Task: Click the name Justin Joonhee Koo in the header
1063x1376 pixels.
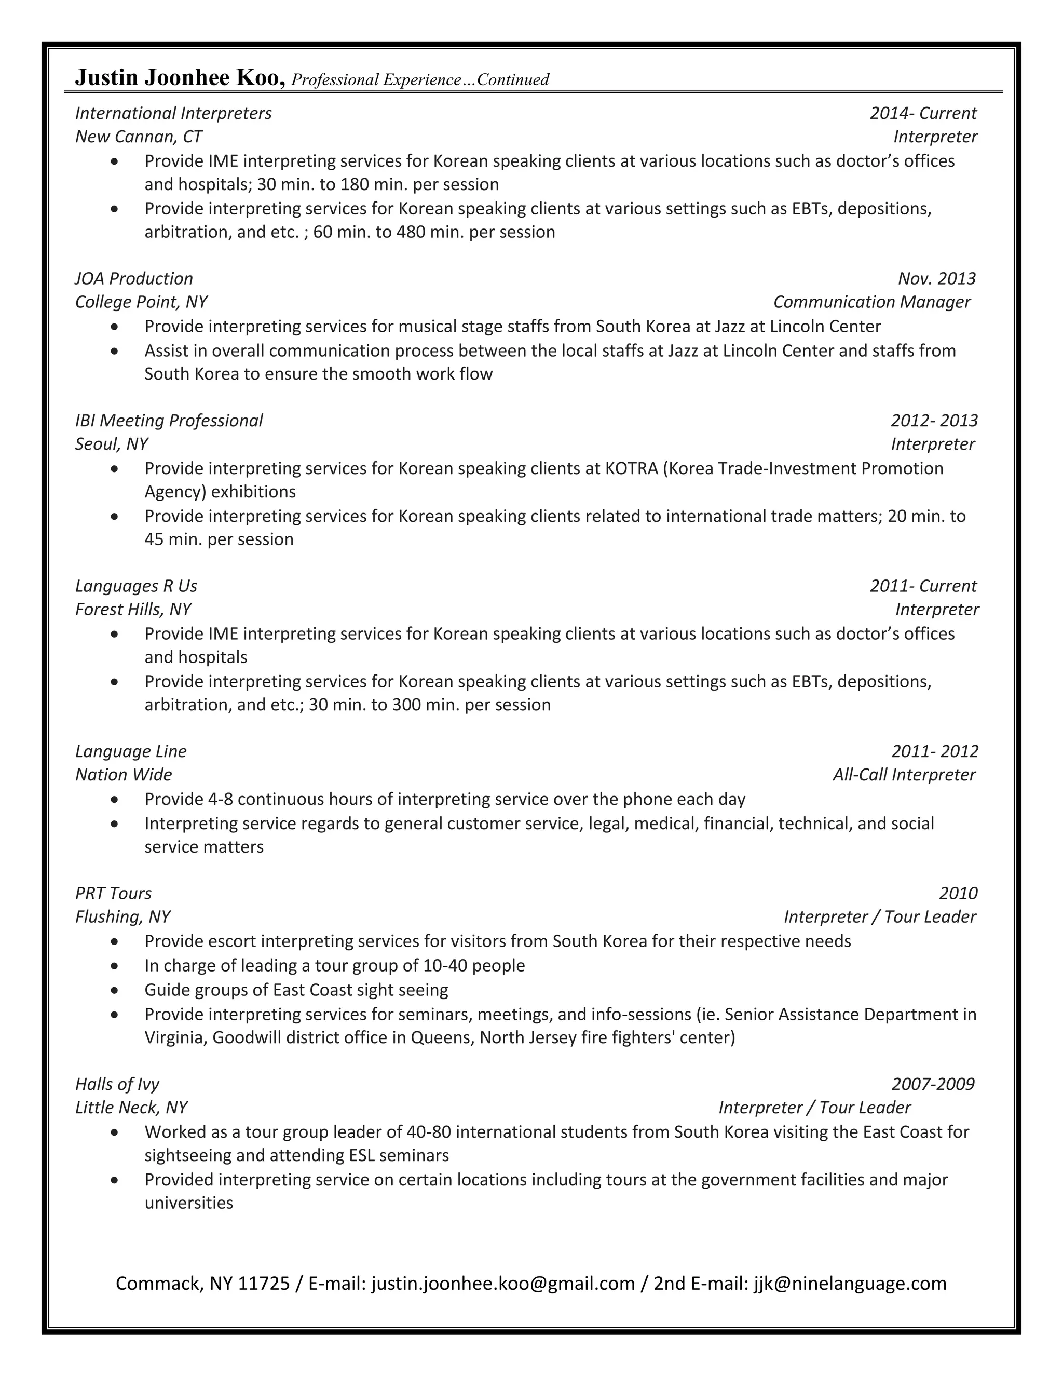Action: pyautogui.click(x=180, y=78)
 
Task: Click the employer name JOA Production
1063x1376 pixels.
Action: pyautogui.click(x=134, y=278)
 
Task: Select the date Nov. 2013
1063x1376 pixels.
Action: pyautogui.click(x=936, y=278)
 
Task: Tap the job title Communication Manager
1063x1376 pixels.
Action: pyautogui.click(x=871, y=302)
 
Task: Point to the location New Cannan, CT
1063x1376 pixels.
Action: pyautogui.click(x=139, y=137)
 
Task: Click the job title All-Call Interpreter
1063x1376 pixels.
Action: pyautogui.click(x=904, y=774)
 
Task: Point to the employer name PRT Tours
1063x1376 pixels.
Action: pyautogui.click(x=113, y=894)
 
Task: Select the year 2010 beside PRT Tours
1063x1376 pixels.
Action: pyautogui.click(x=958, y=894)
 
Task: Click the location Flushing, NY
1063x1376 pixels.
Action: pyautogui.click(x=123, y=916)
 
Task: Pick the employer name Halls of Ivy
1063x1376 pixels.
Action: pyautogui.click(x=117, y=1084)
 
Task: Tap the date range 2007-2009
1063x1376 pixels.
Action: pyautogui.click(x=933, y=1084)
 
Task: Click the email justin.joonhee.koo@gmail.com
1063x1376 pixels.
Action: pyautogui.click(x=503, y=1284)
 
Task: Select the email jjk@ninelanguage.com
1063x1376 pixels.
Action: pyautogui.click(x=850, y=1284)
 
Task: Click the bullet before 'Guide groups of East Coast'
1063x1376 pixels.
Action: pyautogui.click(x=114, y=990)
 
